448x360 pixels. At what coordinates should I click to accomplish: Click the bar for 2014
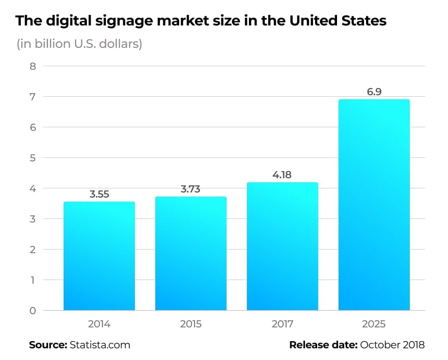coord(99,256)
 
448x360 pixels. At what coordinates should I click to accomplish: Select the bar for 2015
coord(191,254)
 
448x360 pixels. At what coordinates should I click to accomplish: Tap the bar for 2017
coord(283,246)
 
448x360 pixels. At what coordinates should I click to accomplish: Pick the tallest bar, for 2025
coord(374,205)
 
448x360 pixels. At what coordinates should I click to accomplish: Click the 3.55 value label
coord(99,194)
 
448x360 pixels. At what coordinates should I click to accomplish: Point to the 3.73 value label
coord(191,189)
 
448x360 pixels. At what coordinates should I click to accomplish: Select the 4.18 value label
coord(283,175)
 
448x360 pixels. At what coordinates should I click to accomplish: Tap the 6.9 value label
coord(374,92)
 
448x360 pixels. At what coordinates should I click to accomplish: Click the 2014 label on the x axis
coord(99,324)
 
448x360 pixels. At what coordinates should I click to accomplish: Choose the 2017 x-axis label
coord(283,324)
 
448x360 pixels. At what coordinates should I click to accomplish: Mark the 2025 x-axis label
coord(374,324)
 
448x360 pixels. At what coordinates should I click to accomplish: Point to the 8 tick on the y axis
coord(33,66)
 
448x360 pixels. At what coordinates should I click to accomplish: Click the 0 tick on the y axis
coord(33,311)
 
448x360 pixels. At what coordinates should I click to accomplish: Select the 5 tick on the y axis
coord(33,158)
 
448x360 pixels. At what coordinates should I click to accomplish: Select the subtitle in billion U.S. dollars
coord(79,44)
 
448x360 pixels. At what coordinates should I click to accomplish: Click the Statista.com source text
coord(100,345)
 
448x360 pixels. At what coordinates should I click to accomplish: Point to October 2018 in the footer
coord(392,345)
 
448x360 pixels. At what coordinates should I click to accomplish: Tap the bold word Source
coord(48,345)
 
